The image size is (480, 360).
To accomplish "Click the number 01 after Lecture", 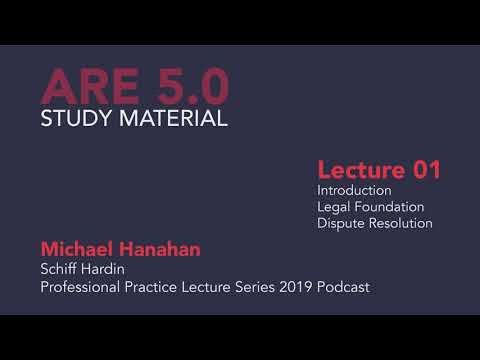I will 419,170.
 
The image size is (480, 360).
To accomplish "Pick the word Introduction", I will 354,190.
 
